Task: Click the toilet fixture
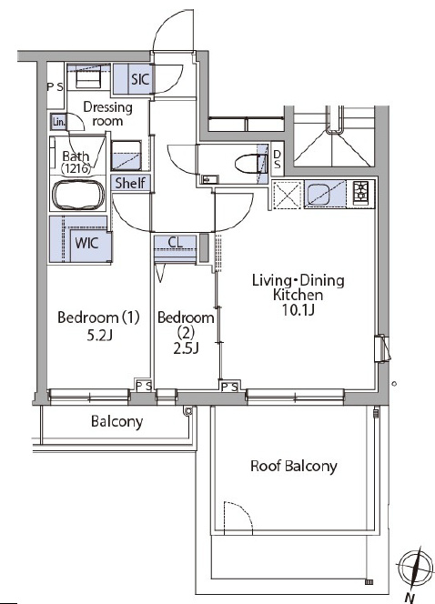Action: [x=251, y=164]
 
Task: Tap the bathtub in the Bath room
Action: [x=78, y=196]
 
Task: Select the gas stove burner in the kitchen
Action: [x=361, y=191]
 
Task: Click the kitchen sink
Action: [x=319, y=194]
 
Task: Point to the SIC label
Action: [x=140, y=79]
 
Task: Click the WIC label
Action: [x=86, y=243]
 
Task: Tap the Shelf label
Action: [x=130, y=183]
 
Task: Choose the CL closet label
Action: [x=176, y=243]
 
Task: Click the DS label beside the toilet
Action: [x=277, y=159]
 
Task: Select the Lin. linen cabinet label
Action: [x=59, y=123]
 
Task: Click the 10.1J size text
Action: [x=298, y=309]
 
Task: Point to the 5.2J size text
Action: [x=99, y=336]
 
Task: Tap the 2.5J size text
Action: [x=186, y=348]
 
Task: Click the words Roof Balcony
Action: [x=294, y=466]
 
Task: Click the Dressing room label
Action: [x=108, y=114]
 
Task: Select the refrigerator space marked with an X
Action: [x=287, y=195]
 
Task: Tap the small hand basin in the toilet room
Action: [x=209, y=179]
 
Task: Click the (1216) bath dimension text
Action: [x=76, y=168]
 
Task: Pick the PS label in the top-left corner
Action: [x=55, y=87]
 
